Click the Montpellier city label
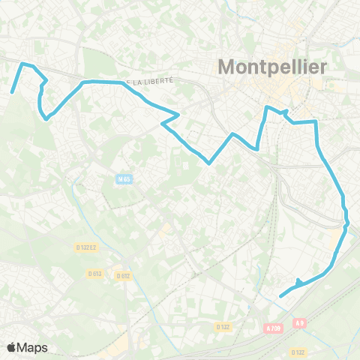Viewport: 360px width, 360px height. point(272,67)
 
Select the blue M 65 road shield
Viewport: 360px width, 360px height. point(123,178)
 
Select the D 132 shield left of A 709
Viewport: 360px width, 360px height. point(223,327)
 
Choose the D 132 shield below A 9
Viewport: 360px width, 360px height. point(298,352)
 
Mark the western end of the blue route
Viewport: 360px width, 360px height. point(12,92)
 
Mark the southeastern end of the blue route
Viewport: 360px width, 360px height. point(280,296)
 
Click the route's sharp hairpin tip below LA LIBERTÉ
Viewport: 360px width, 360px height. point(178,115)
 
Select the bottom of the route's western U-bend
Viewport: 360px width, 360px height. point(46,118)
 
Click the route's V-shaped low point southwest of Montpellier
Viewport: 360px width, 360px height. point(210,161)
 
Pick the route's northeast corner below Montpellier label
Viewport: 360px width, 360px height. point(316,121)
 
